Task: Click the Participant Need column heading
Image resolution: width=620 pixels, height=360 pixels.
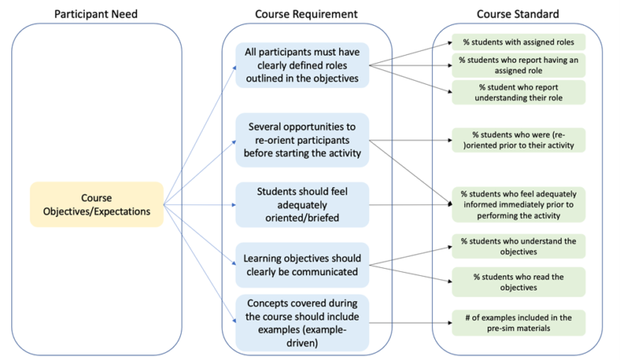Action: tap(96, 14)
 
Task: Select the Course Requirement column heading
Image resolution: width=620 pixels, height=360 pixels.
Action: tap(307, 14)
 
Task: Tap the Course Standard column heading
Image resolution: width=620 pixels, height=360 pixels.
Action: tap(517, 14)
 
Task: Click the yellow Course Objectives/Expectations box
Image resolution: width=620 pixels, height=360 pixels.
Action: tap(96, 204)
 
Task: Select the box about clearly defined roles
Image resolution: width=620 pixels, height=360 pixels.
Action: tap(301, 65)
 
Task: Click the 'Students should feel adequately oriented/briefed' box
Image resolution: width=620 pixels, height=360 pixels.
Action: tap(301, 204)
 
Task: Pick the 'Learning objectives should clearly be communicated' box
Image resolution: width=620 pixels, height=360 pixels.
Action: tap(301, 266)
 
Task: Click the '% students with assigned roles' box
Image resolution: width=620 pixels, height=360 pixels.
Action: tap(517, 42)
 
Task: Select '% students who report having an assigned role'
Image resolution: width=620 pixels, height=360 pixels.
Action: tap(517, 65)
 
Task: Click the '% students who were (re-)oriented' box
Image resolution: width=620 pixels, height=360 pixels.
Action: tap(517, 140)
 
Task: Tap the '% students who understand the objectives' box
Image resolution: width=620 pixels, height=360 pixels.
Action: tap(517, 246)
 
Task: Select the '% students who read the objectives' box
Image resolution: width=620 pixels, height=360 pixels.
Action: tap(517, 282)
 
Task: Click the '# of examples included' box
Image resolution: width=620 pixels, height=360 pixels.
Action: tap(517, 322)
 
